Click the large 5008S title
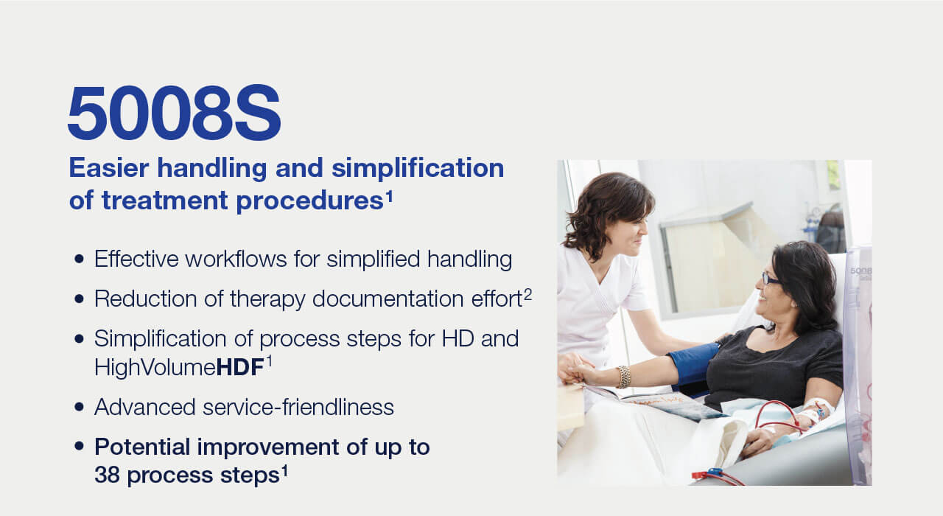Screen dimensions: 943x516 pos(175,113)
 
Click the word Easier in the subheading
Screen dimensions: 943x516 pos(109,168)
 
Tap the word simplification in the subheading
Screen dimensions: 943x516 pos(418,169)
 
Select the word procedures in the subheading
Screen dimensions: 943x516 pos(310,201)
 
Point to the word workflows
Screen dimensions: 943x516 pos(236,259)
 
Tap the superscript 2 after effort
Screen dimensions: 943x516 pos(528,293)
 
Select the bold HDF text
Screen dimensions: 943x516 pos(240,367)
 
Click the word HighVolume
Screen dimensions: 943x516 pos(155,367)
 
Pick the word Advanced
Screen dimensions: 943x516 pos(145,407)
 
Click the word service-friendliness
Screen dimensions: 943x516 pos(298,407)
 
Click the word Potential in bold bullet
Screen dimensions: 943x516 pos(142,447)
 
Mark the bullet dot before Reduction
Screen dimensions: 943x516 pos(79,299)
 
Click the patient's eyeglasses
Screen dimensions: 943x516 pos(770,279)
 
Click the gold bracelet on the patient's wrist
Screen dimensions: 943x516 pos(624,377)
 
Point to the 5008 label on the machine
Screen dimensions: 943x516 pos(860,271)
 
